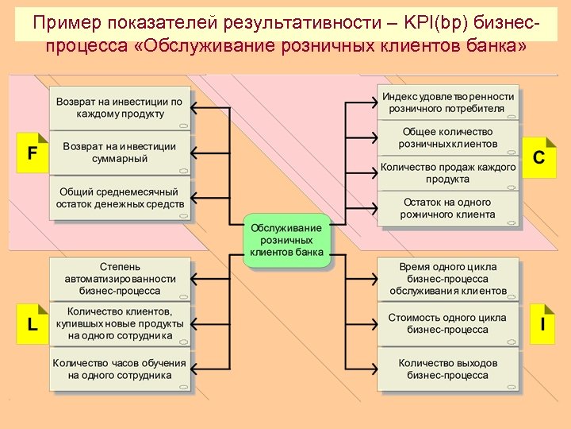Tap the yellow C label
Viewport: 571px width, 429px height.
point(538,157)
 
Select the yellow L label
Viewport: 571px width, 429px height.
point(33,324)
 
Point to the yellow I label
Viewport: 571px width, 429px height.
point(542,323)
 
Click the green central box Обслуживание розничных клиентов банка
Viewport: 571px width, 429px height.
point(286,240)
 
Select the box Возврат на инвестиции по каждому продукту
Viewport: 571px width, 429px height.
point(120,108)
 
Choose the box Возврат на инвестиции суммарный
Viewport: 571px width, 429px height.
point(120,153)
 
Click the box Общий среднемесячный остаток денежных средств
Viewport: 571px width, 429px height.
point(120,198)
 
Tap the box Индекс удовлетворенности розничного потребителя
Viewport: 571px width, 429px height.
point(448,102)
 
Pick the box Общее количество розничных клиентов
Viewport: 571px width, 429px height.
point(448,137)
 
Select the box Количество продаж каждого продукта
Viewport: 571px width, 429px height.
point(448,172)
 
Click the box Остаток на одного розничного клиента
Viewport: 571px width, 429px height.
point(448,208)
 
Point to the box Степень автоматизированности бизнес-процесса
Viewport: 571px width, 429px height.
point(120,278)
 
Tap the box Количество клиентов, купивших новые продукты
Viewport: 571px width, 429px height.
point(120,323)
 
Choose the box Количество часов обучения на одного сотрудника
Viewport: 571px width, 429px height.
point(120,369)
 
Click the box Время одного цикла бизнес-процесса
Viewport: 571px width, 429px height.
point(448,278)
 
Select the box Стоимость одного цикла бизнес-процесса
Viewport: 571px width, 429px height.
point(448,323)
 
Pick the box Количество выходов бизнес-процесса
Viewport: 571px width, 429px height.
point(448,369)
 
